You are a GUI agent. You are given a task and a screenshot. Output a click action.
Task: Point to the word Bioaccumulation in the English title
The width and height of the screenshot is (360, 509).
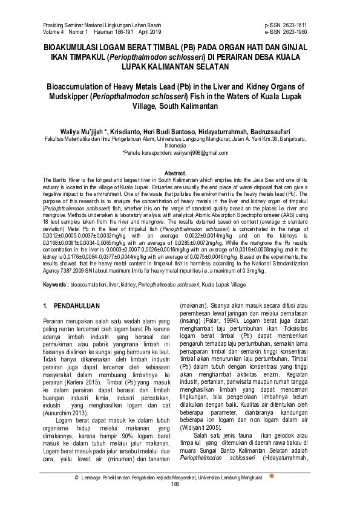click(81, 86)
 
